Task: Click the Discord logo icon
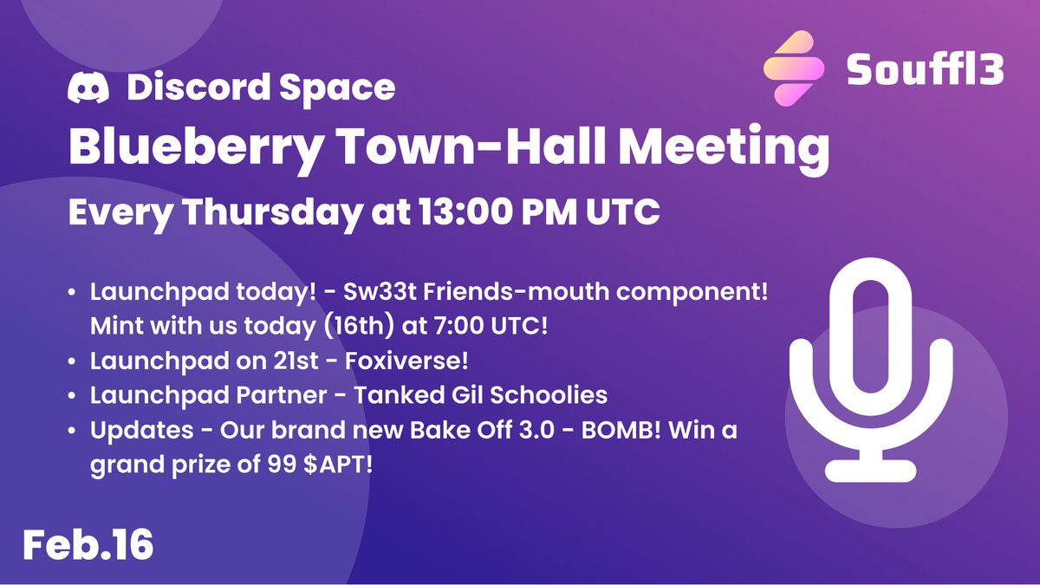click(90, 87)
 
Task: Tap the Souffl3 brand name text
click(924, 69)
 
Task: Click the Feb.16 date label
click(88, 544)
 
